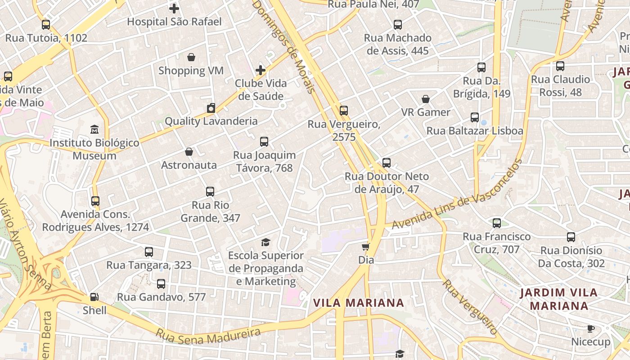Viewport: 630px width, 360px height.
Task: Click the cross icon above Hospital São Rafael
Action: click(x=174, y=8)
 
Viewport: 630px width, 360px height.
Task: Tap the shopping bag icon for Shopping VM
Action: click(x=191, y=57)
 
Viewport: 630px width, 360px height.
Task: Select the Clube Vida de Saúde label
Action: click(x=261, y=90)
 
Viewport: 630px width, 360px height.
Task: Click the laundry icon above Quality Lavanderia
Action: click(x=211, y=108)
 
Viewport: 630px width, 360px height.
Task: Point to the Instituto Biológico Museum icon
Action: click(x=94, y=130)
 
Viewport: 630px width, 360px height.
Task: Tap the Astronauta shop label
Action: click(x=189, y=165)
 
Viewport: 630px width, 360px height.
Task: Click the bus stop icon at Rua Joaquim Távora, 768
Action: click(x=264, y=142)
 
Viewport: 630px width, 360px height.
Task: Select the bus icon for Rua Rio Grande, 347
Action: click(x=210, y=192)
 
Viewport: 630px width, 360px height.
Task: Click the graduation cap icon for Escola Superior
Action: click(x=266, y=242)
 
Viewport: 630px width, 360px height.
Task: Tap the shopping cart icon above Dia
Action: click(x=366, y=247)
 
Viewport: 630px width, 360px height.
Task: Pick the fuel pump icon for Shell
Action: click(x=94, y=297)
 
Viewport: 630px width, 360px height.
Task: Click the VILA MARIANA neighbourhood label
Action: click(x=359, y=303)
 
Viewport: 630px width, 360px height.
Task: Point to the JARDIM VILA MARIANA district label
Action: click(x=559, y=299)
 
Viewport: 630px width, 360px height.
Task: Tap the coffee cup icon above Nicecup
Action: click(x=591, y=329)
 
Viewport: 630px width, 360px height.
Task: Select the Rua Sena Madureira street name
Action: click(x=208, y=333)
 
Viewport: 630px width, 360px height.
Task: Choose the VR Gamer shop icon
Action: click(x=426, y=99)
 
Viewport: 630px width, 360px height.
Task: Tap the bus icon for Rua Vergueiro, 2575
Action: click(x=344, y=111)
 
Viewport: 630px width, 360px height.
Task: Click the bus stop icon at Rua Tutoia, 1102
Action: click(x=46, y=25)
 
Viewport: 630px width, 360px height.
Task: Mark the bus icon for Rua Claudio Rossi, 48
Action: click(x=560, y=66)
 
